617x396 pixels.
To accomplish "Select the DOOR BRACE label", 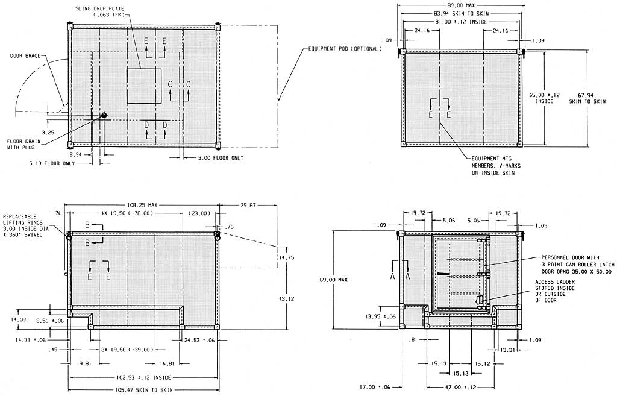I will tap(25, 55).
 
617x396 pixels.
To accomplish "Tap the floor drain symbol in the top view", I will tap(104, 115).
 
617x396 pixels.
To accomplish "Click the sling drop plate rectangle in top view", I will tap(144, 86).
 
